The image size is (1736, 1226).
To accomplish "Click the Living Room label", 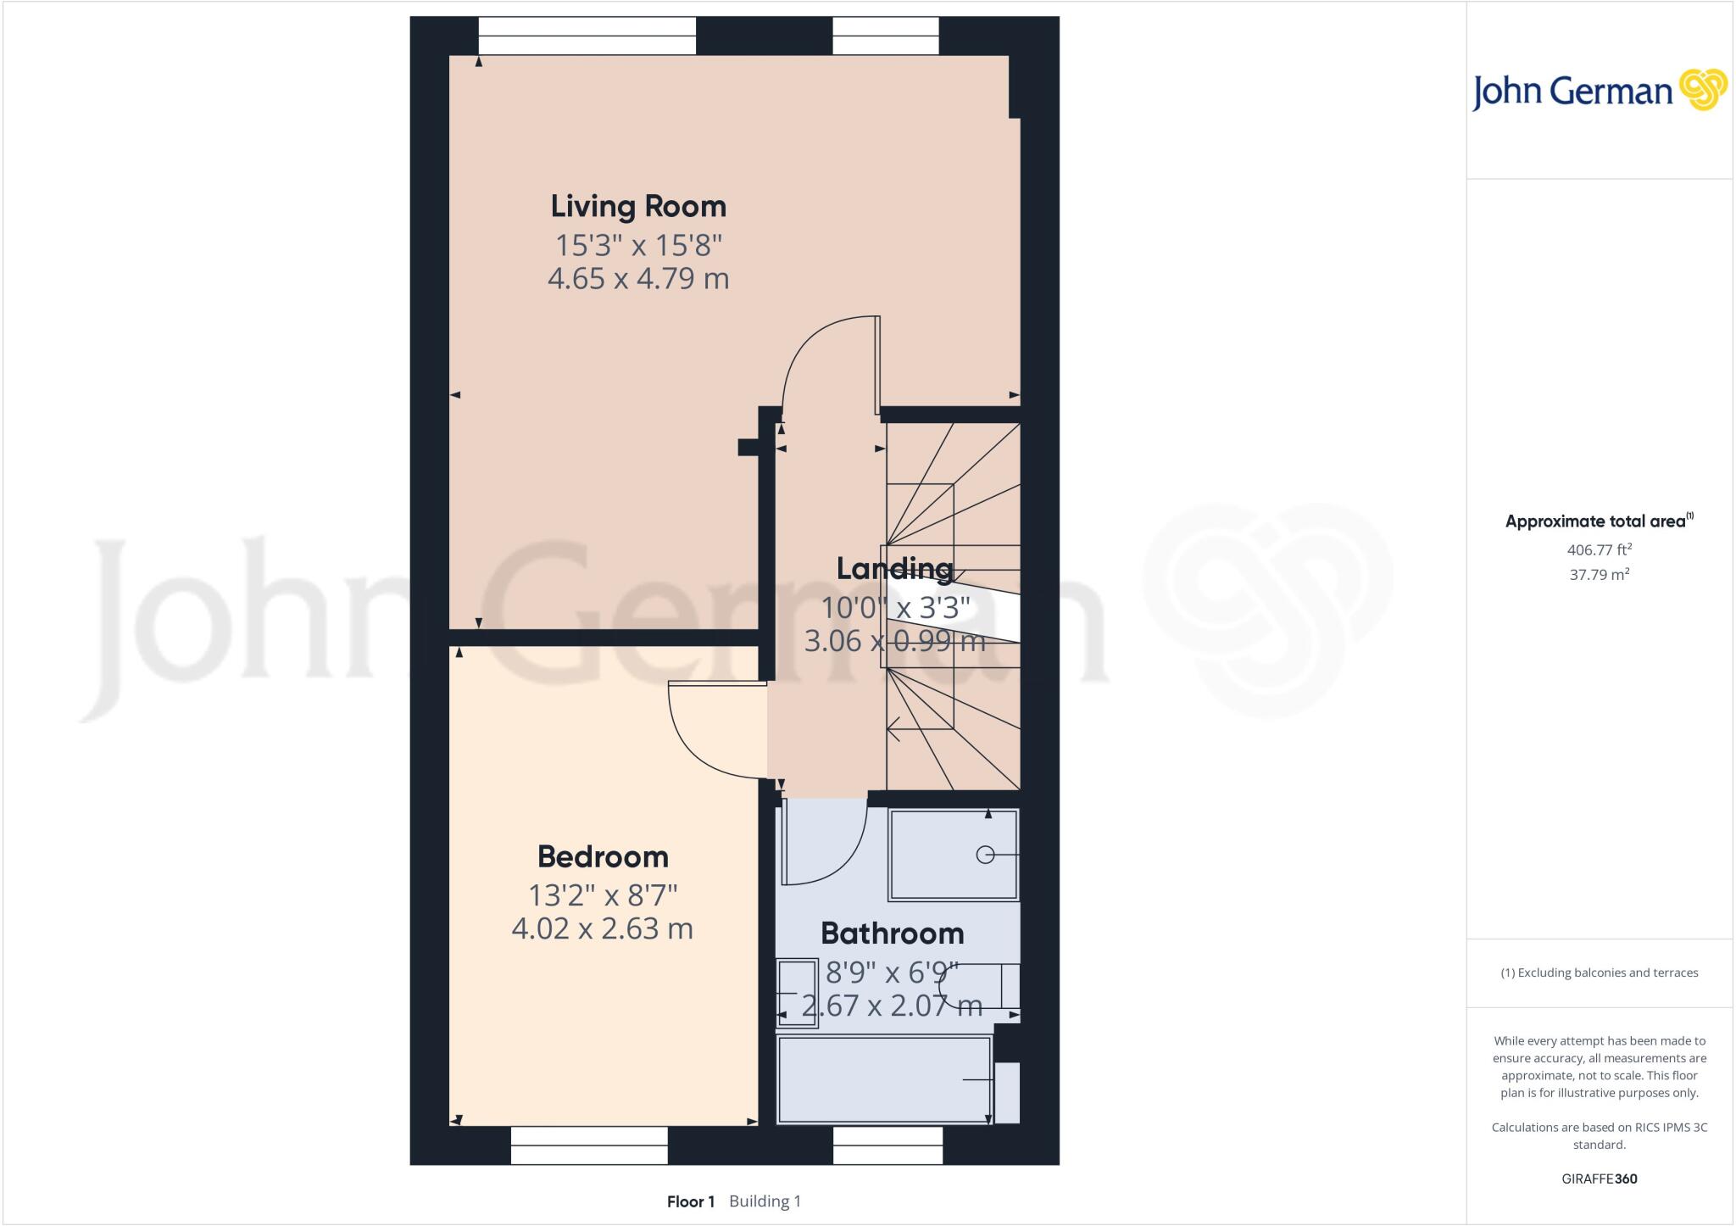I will coord(638,206).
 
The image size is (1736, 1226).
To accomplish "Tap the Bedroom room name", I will coord(603,856).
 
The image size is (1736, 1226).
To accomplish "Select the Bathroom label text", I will coord(892,933).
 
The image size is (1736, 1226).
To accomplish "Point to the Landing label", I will coord(894,568).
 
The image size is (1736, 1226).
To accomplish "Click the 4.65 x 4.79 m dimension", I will coord(638,278).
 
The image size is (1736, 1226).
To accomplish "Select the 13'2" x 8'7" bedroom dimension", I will coord(603,894).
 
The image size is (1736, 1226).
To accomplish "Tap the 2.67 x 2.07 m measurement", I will coord(892,1006).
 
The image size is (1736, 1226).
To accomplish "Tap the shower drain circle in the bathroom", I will coord(985,855).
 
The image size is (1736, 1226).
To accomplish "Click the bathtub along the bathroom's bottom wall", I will coord(884,1079).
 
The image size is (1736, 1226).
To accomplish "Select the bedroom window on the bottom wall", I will coord(589,1145).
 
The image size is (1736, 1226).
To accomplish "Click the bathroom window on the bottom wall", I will coord(887,1145).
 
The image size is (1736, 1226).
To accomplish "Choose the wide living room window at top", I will coord(587,36).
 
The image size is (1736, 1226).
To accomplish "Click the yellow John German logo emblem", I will coord(1702,90).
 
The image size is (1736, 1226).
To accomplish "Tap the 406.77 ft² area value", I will coord(1599,549).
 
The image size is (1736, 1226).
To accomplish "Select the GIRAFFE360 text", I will coord(1599,1179).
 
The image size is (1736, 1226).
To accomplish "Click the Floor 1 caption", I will coord(691,1201).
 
